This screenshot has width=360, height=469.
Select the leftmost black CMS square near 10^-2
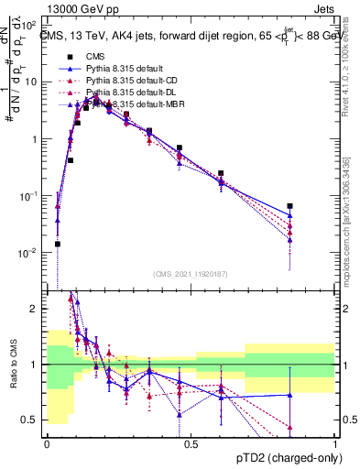58,244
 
